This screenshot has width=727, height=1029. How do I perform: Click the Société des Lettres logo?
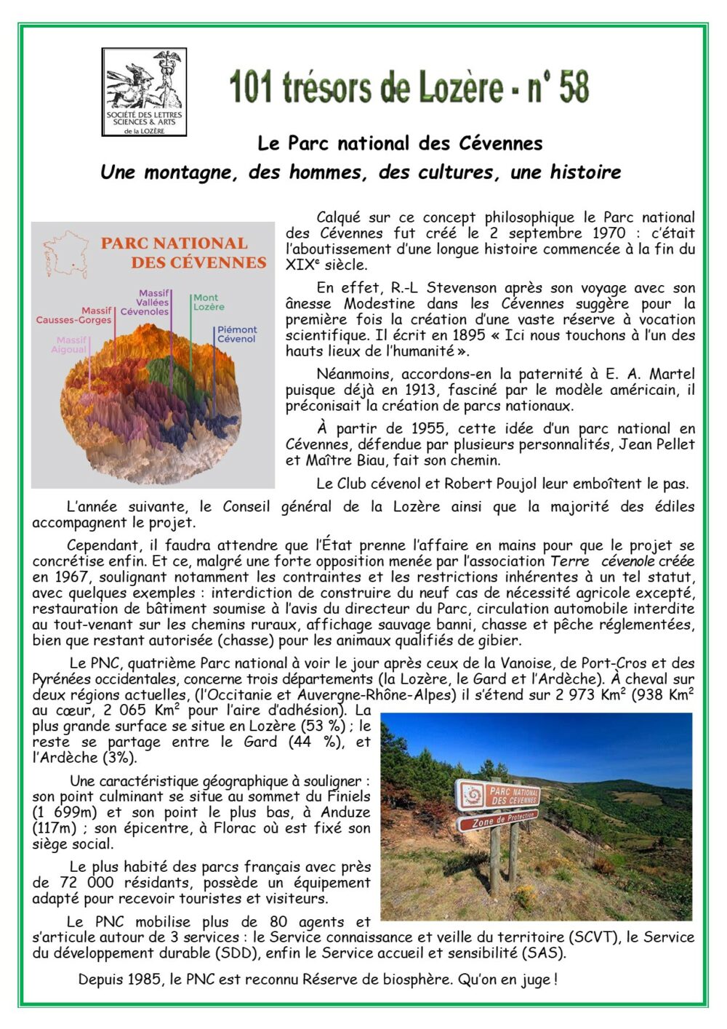[x=144, y=92]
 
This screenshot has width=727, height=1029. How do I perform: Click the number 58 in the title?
[x=574, y=88]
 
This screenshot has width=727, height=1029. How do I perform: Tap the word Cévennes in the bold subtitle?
[x=500, y=143]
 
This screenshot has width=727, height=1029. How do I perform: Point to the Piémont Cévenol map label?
[x=237, y=334]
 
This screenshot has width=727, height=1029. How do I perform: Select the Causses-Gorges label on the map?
[x=73, y=319]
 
